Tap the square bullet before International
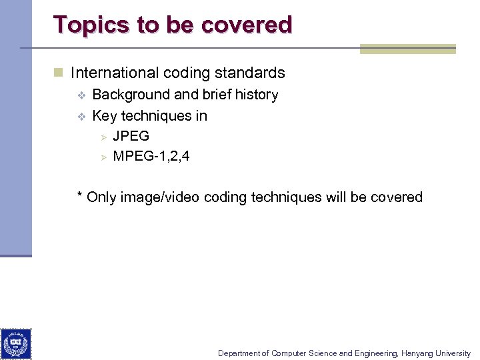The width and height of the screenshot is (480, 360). pos(59,73)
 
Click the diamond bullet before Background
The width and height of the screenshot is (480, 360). pos(81,95)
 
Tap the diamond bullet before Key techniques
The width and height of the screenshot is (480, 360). pos(81,116)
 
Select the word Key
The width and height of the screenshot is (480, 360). pos(105,116)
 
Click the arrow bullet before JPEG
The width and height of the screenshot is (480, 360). pos(103,136)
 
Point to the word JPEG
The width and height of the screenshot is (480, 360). pos(131,136)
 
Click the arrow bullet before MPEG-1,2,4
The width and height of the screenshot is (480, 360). pos(103,157)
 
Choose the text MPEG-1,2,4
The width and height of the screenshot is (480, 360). pos(151,157)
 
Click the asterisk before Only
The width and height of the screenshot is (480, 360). pos(80,196)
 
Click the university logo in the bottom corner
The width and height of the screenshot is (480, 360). pos(15,344)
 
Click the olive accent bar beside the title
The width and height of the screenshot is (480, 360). pos(407,49)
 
